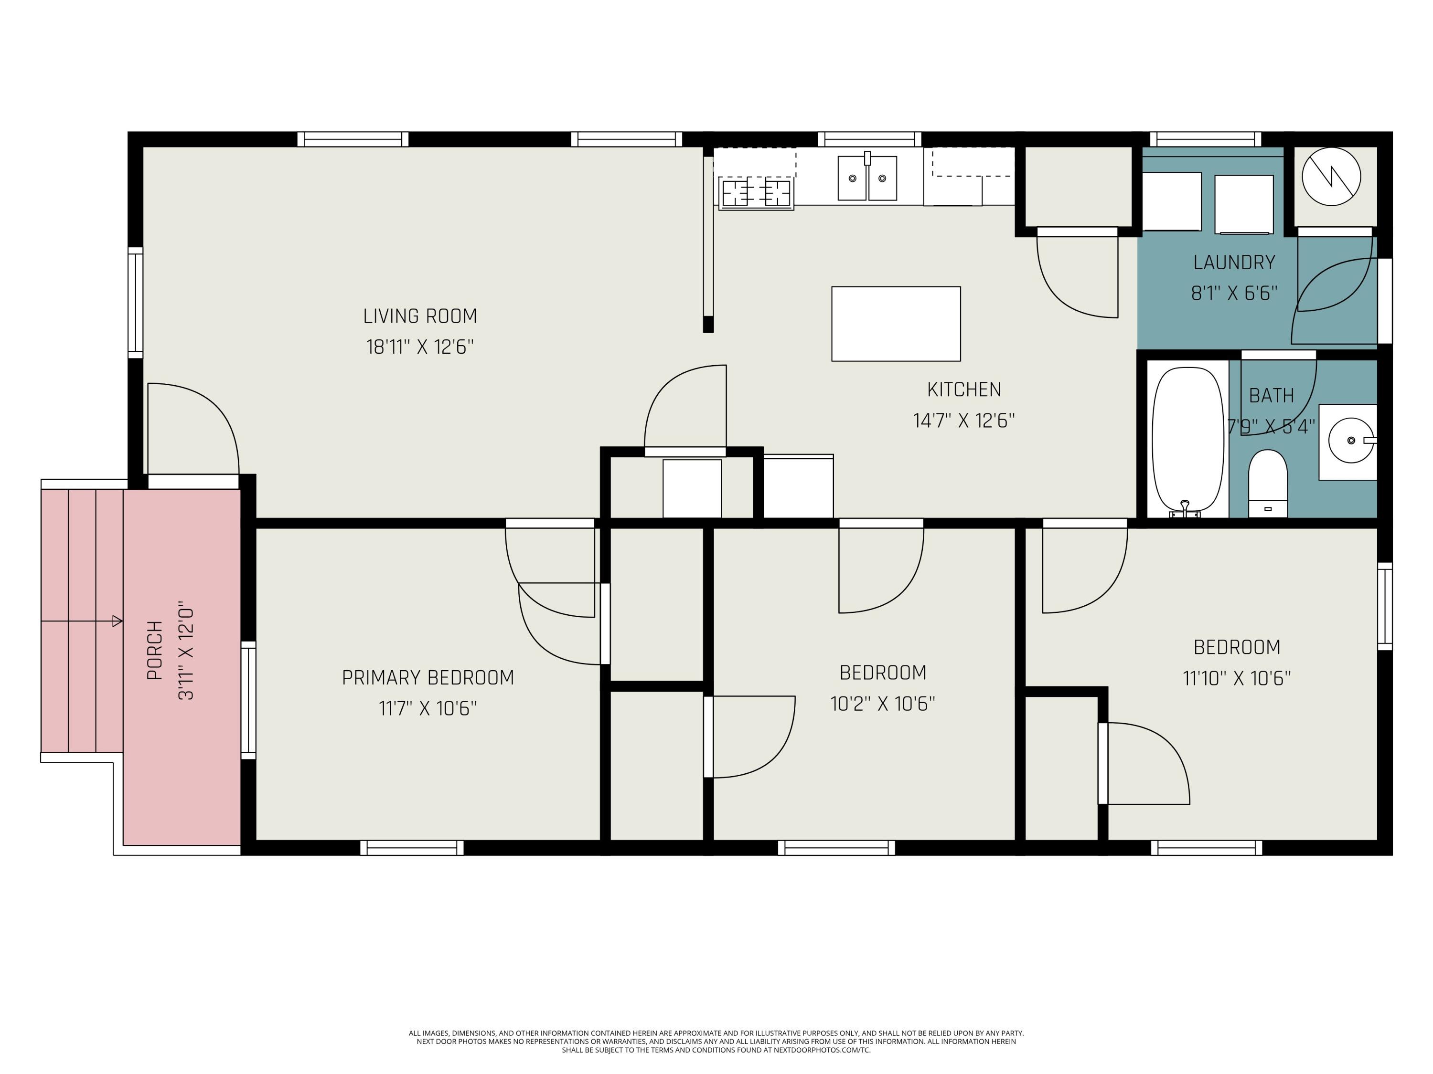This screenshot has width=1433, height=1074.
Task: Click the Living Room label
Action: click(x=420, y=316)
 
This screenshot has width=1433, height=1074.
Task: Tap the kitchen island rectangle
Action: click(x=896, y=324)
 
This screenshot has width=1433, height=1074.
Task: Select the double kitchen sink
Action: click(x=867, y=177)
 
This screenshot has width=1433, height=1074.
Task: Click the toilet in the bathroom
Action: click(x=1268, y=484)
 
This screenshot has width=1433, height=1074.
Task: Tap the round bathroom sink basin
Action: click(x=1351, y=440)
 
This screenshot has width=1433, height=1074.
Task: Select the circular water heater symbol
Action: click(x=1331, y=177)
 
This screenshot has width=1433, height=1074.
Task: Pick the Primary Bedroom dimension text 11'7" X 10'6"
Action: click(x=428, y=708)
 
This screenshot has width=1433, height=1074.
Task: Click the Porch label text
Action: click(x=155, y=650)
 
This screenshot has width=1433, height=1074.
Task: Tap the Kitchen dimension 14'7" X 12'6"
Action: click(x=964, y=421)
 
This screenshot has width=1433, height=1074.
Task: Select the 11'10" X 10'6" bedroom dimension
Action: click(x=1237, y=678)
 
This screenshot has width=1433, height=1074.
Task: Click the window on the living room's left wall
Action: click(x=135, y=302)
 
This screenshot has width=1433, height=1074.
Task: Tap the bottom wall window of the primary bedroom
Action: click(x=412, y=847)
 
